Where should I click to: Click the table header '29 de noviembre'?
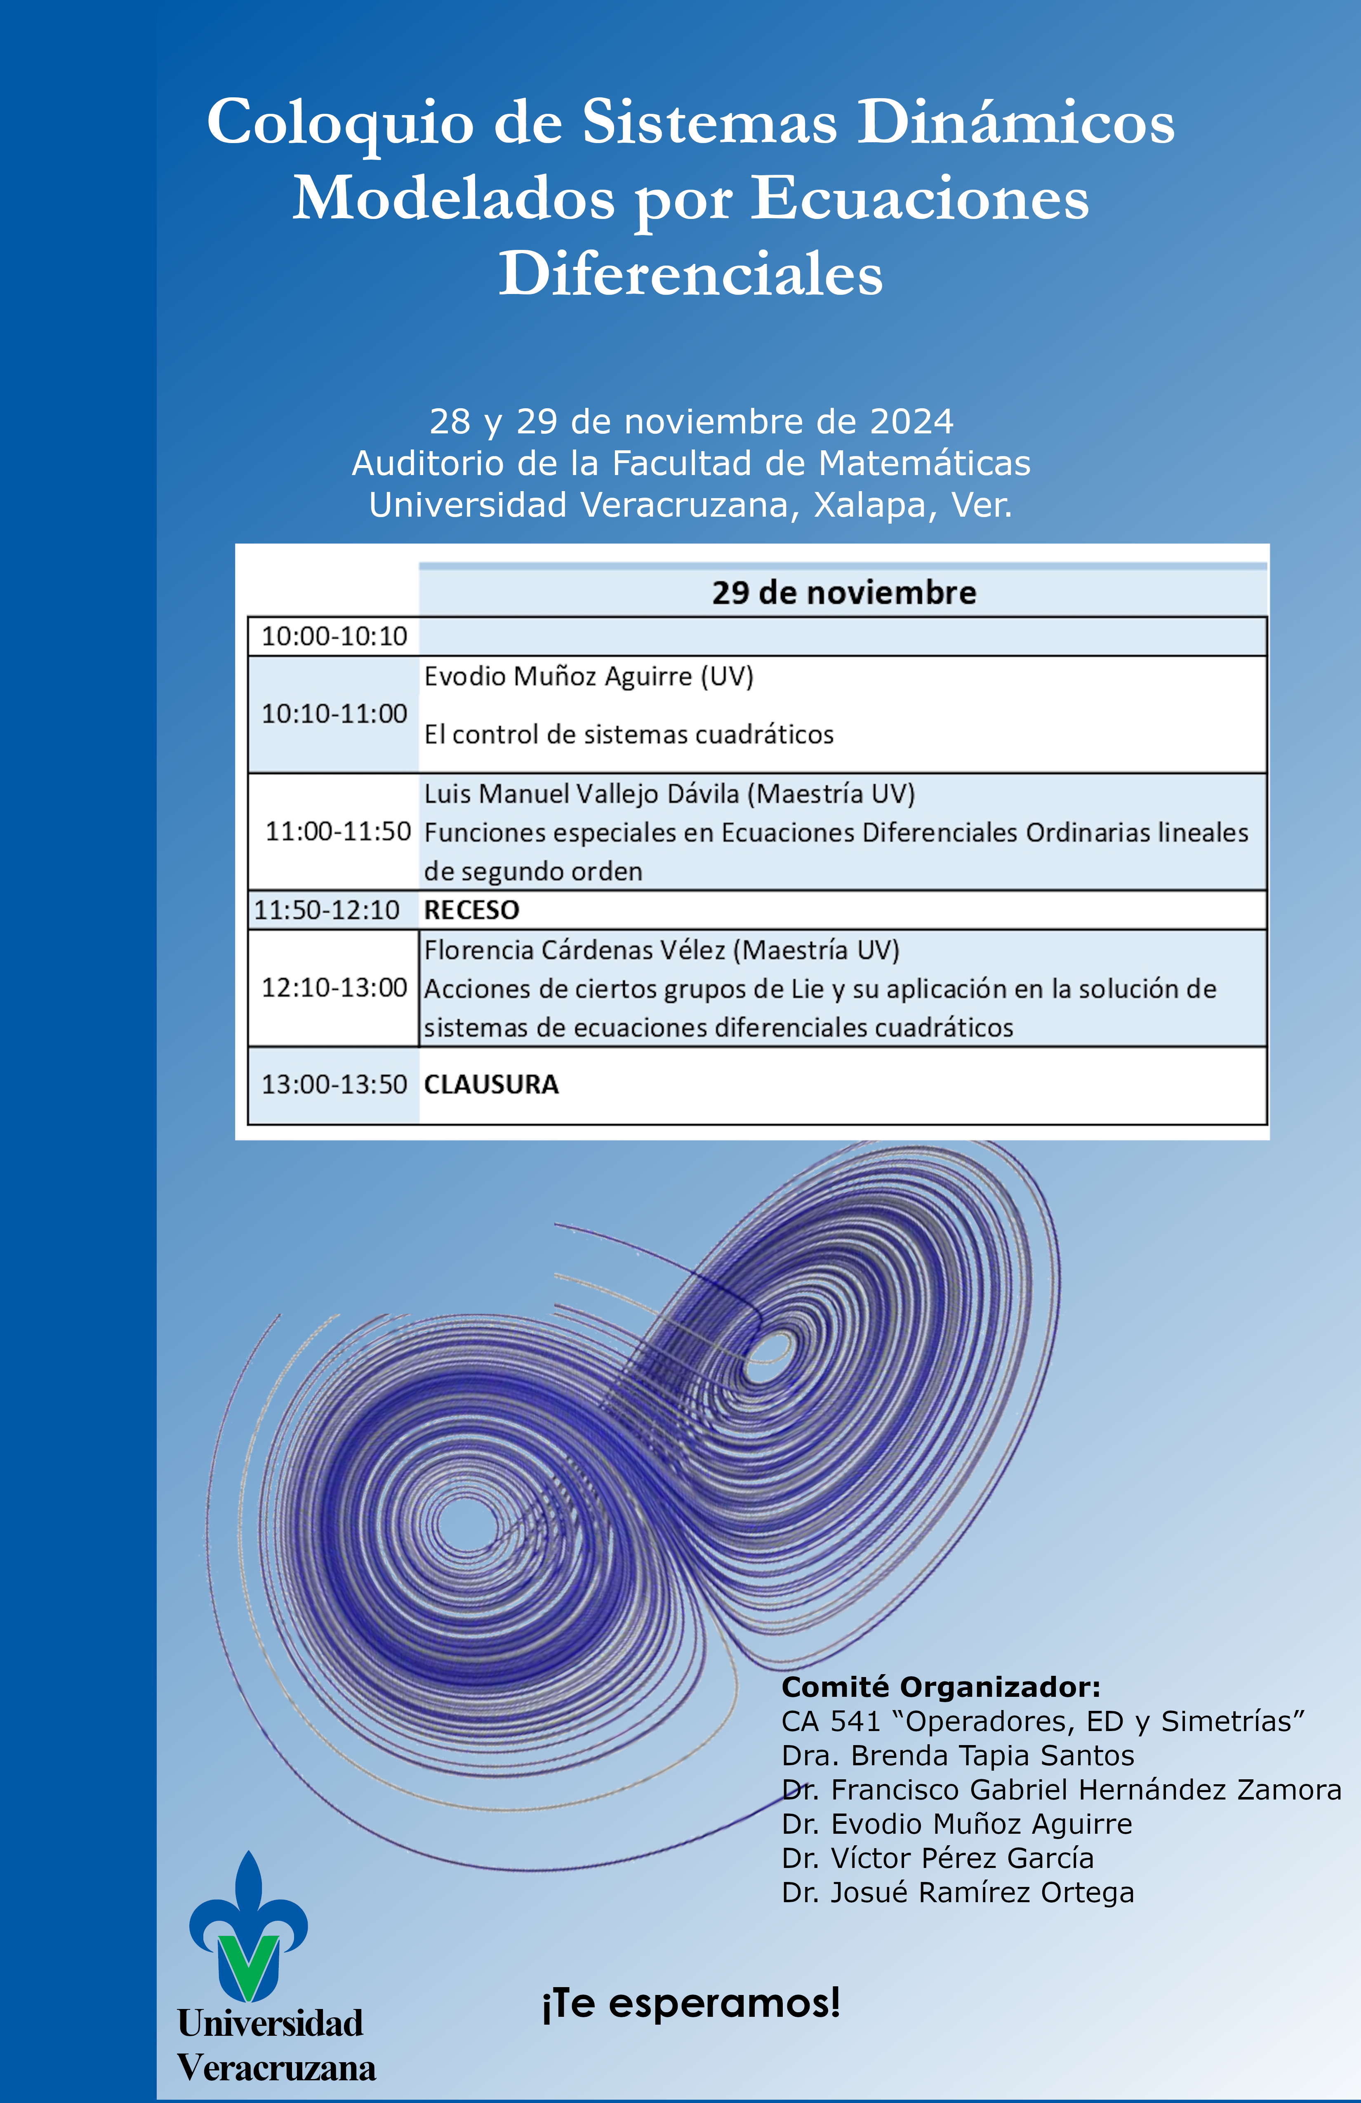844,592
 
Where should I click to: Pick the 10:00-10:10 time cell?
334,636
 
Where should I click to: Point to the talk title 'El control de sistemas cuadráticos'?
629,734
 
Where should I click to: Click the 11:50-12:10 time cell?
327,910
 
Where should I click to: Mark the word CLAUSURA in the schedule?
491,1084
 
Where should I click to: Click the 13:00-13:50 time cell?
334,1084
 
